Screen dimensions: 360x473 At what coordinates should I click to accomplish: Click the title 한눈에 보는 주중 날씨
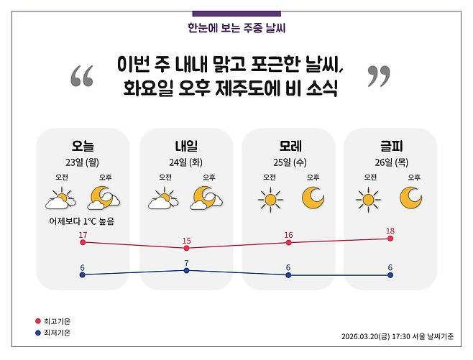pos(236,29)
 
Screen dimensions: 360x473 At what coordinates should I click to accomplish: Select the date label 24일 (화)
pos(185,162)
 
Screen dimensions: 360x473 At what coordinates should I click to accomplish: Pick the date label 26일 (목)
pos(390,162)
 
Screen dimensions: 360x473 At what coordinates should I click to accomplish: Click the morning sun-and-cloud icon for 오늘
pos(61,198)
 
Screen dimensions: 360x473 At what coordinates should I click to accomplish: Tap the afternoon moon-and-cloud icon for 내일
pos(206,198)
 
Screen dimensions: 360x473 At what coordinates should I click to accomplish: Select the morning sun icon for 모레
pos(270,198)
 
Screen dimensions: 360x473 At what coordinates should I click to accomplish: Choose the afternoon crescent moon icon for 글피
pos(411,197)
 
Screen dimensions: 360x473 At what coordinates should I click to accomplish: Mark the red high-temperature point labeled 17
pos(83,243)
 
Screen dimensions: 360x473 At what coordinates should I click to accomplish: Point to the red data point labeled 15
pos(186,248)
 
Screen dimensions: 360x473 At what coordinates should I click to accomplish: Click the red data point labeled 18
pos(390,238)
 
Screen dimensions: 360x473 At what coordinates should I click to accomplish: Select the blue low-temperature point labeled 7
pos(186,270)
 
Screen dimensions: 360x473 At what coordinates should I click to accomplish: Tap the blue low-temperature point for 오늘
pos(83,274)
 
